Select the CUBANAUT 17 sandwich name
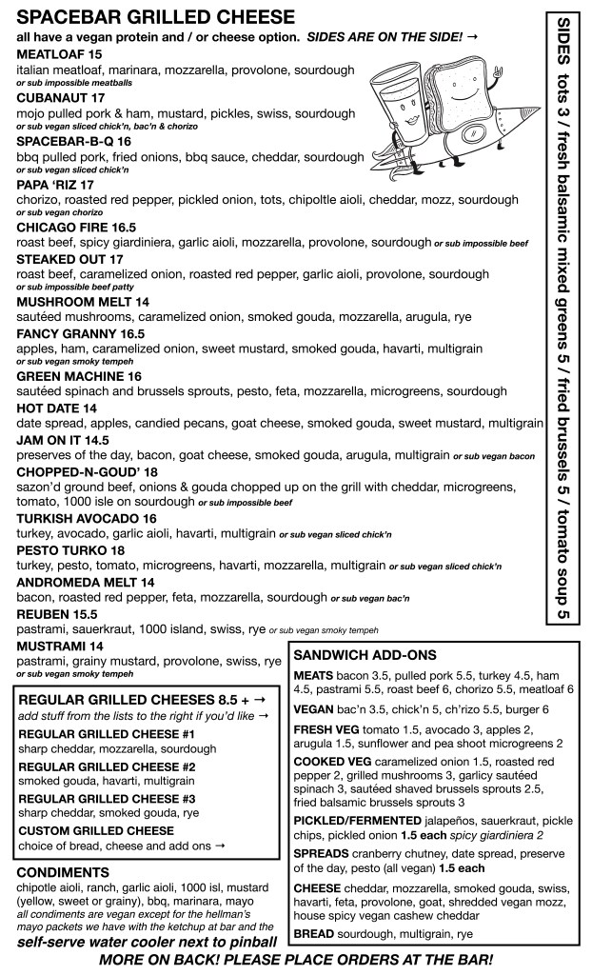coord(59,97)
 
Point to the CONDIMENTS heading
coord(63,871)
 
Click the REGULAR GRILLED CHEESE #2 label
coord(107,766)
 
